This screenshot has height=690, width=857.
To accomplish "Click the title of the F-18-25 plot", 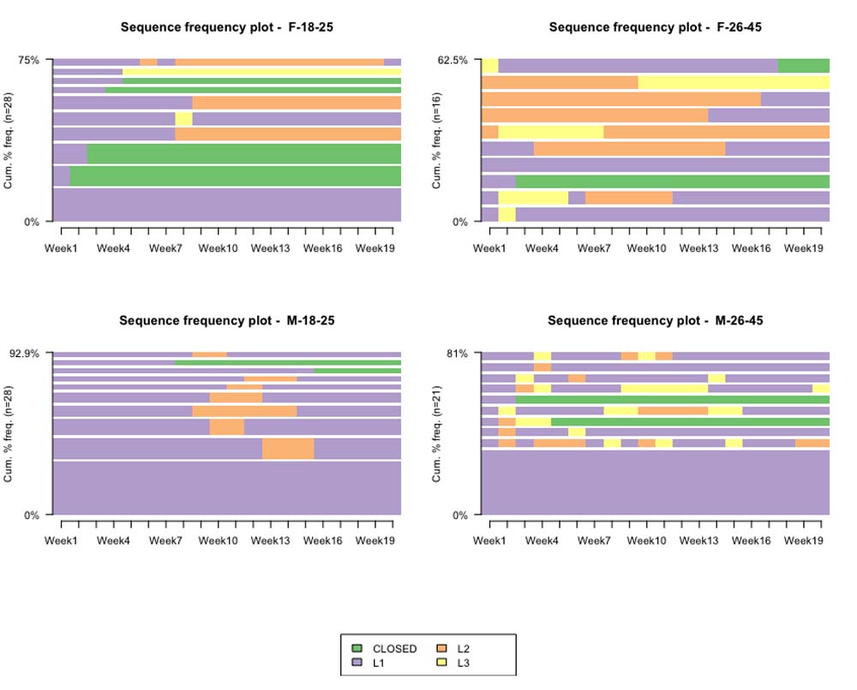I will click(227, 27).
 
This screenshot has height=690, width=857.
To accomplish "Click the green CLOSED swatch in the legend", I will click(357, 649).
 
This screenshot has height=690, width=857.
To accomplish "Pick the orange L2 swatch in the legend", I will click(442, 649).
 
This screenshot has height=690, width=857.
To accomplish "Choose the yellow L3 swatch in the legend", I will click(442, 663).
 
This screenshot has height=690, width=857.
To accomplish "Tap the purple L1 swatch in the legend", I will click(357, 663).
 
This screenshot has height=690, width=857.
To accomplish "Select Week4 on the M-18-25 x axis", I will click(114, 541).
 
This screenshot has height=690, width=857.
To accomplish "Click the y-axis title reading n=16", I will click(438, 141).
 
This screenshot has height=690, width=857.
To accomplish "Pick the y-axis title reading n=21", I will click(438, 434).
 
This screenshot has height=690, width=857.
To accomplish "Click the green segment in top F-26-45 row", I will click(803, 66).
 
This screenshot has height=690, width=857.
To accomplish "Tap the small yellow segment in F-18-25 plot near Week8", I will click(183, 119).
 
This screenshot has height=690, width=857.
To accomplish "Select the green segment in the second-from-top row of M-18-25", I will click(288, 362).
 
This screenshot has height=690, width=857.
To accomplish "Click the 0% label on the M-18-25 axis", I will click(33, 515).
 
